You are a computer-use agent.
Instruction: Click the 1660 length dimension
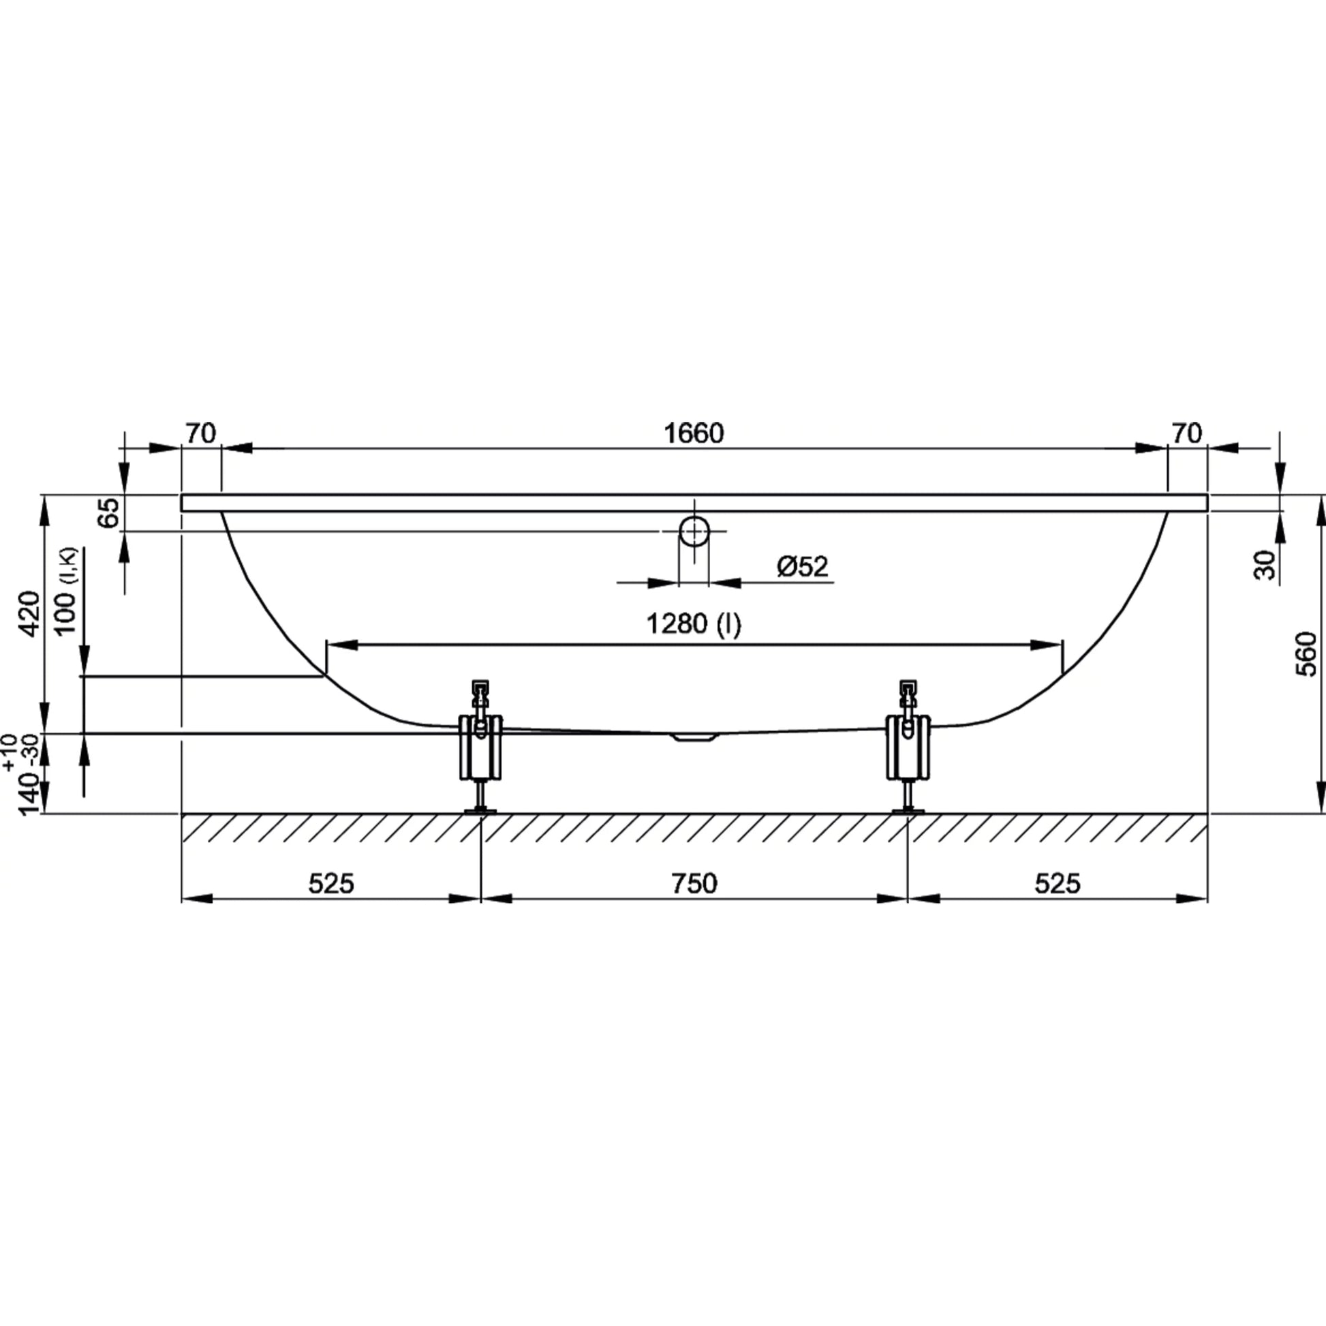[x=694, y=434]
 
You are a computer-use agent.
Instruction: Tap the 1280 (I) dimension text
[x=694, y=624]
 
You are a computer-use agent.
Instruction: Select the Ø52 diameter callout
[x=802, y=566]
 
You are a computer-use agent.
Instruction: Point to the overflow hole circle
[x=694, y=531]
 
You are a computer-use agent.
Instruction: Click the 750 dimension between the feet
[x=694, y=883]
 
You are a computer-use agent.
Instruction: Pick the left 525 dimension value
[x=330, y=883]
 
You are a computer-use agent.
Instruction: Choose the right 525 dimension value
[x=1058, y=883]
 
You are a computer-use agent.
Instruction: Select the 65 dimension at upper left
[x=108, y=512]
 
